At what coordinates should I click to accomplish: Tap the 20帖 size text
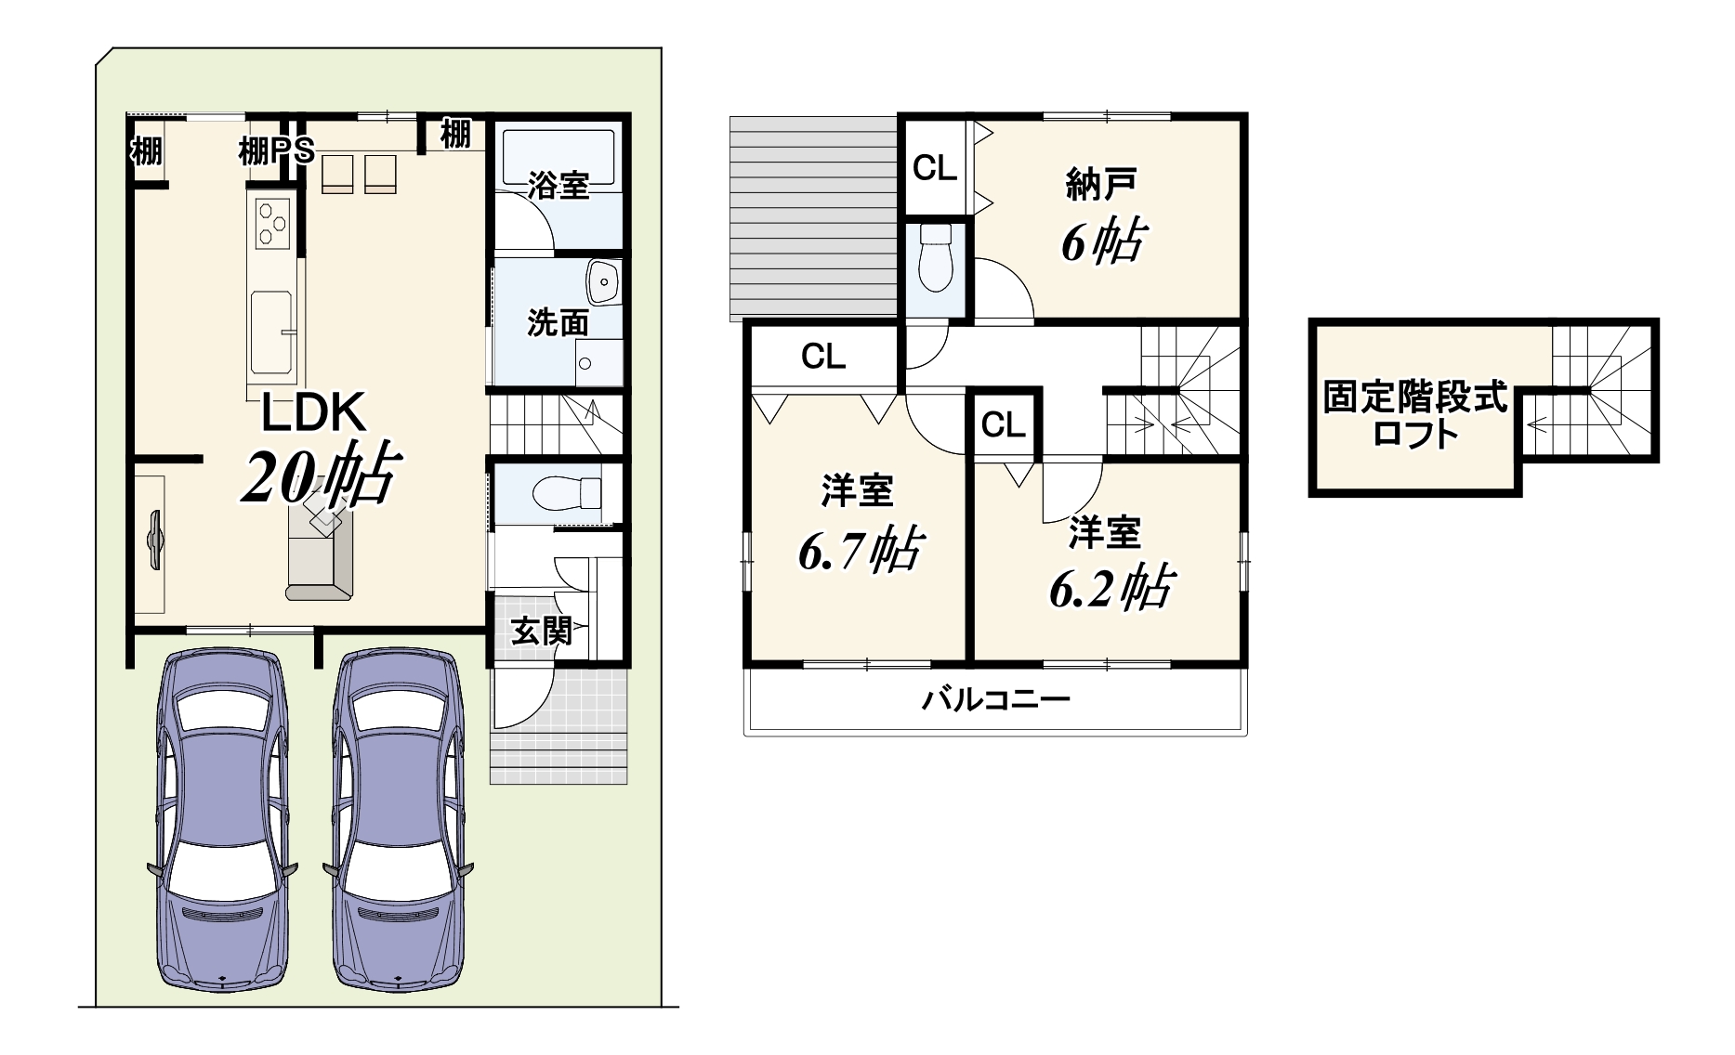tap(322, 475)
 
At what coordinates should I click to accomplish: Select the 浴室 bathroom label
tap(558, 185)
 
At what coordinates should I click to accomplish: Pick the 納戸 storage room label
tap(1100, 185)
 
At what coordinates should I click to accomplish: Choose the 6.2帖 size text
tap(1111, 588)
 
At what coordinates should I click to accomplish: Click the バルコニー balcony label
tap(995, 697)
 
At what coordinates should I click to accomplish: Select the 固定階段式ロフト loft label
tap(1415, 415)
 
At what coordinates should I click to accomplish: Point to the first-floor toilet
tap(569, 492)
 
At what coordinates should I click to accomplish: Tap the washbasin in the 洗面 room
tap(604, 280)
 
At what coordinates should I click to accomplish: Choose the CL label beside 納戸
tap(935, 168)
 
